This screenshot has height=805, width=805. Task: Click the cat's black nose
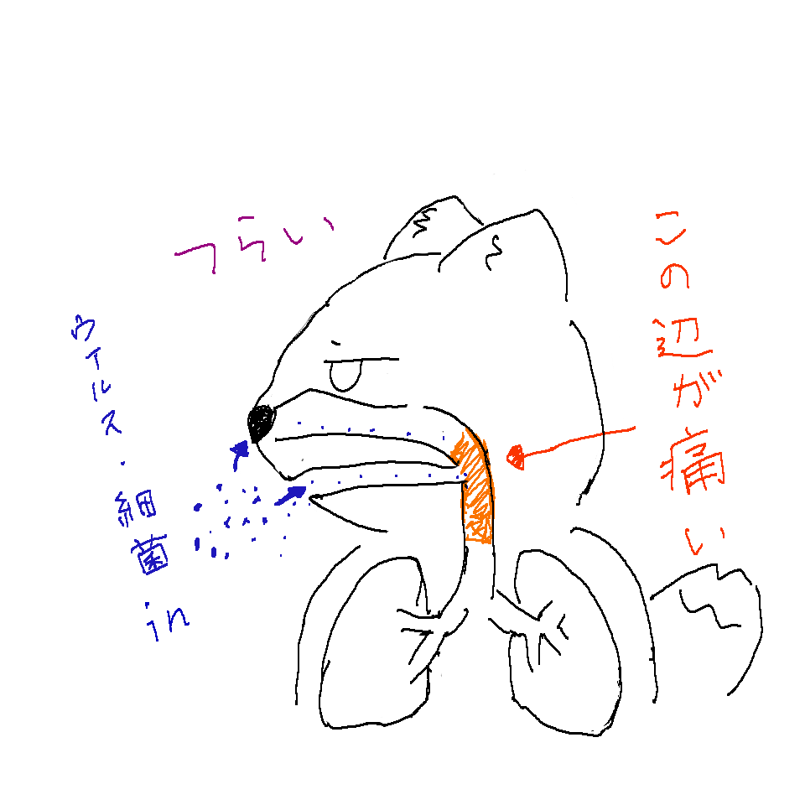coord(262,423)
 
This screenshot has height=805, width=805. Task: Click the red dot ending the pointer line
coord(516,456)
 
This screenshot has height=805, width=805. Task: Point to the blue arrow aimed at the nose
coord(239,454)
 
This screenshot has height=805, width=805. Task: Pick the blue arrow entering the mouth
coord(291,496)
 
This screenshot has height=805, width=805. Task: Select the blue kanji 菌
coord(149,557)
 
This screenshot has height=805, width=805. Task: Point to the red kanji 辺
coord(681,340)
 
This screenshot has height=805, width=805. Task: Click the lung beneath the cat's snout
coord(377,642)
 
